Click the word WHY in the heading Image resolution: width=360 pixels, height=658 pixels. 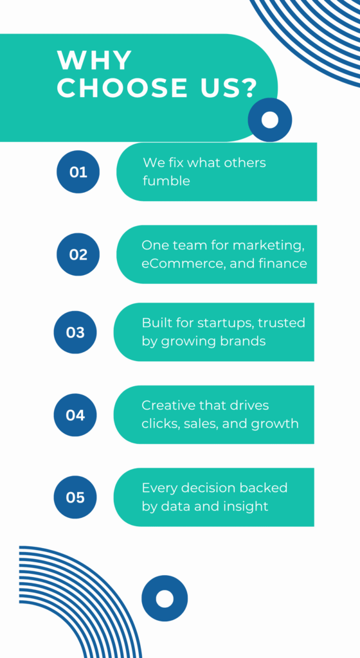click(x=95, y=60)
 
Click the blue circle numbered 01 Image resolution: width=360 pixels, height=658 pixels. click(x=78, y=172)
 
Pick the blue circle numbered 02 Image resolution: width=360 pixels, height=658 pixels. click(x=78, y=254)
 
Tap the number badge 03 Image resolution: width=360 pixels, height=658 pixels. click(x=75, y=332)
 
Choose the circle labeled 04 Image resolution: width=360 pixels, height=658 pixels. click(x=75, y=415)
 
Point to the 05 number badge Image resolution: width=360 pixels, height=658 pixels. click(x=75, y=497)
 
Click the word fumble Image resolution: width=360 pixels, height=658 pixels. click(x=166, y=181)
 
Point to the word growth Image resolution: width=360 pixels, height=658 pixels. click(x=275, y=424)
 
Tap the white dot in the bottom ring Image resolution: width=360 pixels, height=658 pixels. click(x=165, y=598)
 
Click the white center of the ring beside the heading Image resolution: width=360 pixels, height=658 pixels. click(x=270, y=120)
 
